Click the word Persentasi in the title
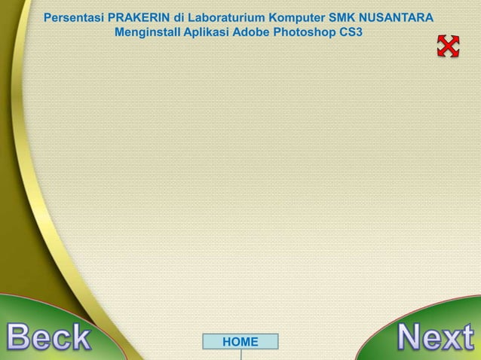(74, 17)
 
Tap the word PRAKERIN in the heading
(139, 17)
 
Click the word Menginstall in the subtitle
(148, 33)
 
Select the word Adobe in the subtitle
(253, 33)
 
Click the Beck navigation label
(49, 339)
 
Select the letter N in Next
(411, 337)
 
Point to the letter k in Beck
(79, 339)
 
